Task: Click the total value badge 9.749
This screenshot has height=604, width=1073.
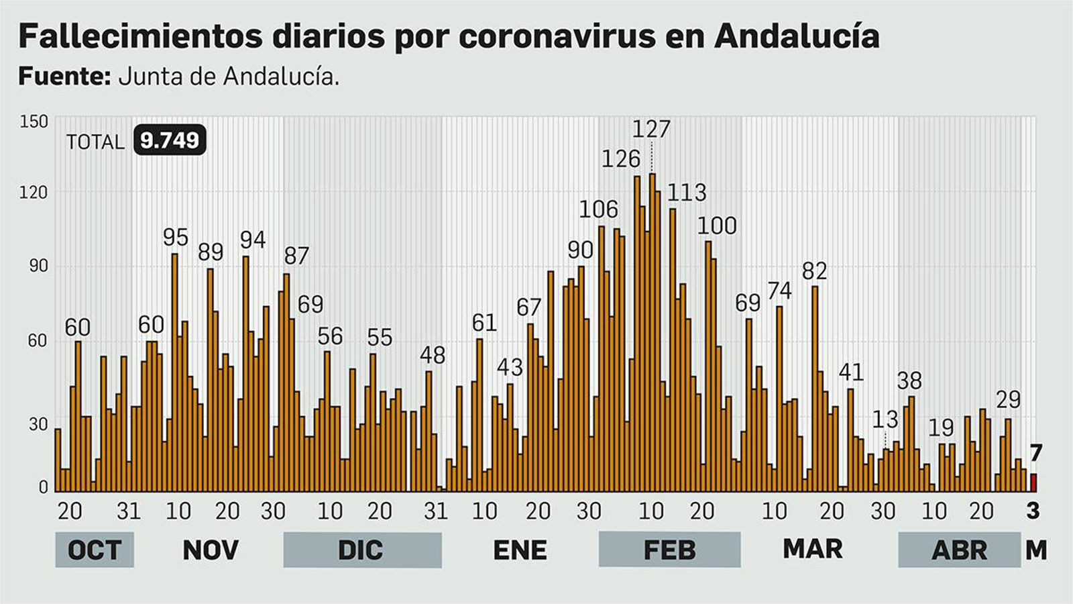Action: pos(170,140)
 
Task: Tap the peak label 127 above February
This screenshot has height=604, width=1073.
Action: pos(651,129)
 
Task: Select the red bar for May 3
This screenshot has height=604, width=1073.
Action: pos(1033,483)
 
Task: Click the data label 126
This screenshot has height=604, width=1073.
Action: pos(620,159)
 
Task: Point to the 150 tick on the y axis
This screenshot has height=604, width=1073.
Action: pos(34,121)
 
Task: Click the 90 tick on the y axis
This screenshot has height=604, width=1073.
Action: pos(38,266)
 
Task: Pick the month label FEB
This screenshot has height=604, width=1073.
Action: pos(669,550)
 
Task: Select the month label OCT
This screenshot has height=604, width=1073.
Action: pos(95,550)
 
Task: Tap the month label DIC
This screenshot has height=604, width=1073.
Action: pos(361,550)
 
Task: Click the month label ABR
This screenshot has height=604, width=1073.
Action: pos(959,550)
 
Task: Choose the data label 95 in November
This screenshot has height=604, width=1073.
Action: pos(176,237)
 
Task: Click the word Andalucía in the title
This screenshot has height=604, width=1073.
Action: pos(796,36)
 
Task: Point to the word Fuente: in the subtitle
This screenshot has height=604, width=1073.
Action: pos(64,77)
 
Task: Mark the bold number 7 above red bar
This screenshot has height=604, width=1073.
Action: pos(1036,454)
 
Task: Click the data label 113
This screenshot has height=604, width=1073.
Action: pos(687,193)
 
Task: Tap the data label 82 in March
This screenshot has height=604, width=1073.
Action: pos(815,271)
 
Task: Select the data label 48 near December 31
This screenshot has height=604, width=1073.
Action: pos(433,355)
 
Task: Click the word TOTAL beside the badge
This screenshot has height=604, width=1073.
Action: pos(95,142)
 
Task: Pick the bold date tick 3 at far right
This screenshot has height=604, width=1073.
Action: pos(1033,511)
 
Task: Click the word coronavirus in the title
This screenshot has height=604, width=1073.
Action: pos(557,36)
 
